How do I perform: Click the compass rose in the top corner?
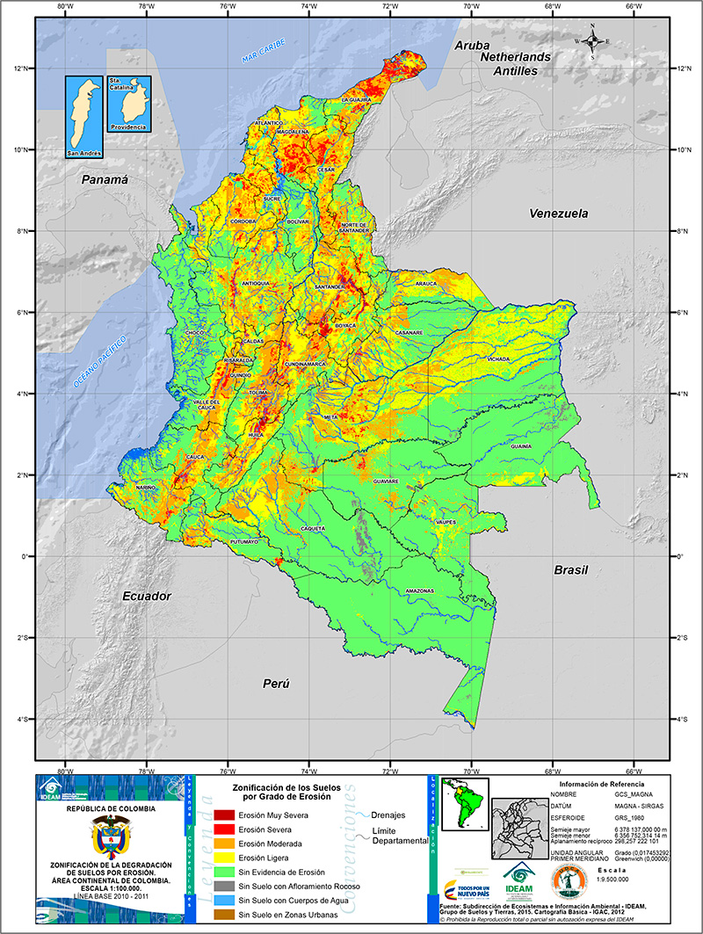[593, 40]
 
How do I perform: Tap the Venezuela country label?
[558, 214]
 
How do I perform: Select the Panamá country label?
[105, 179]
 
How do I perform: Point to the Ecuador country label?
[147, 596]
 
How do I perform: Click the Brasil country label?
[570, 570]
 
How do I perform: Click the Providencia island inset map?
[128, 104]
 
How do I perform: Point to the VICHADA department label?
[498, 359]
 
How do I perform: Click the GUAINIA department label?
[521, 446]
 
